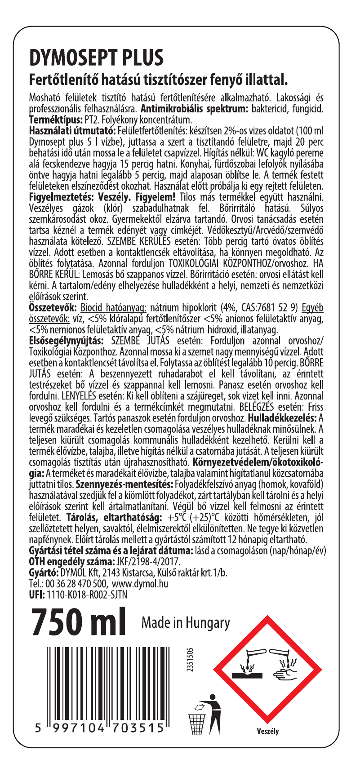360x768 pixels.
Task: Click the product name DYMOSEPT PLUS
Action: (x=96, y=58)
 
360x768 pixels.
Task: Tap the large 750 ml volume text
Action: (x=77, y=623)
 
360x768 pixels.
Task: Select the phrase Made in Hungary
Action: (x=185, y=623)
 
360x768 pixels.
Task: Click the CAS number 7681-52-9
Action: (x=274, y=307)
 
